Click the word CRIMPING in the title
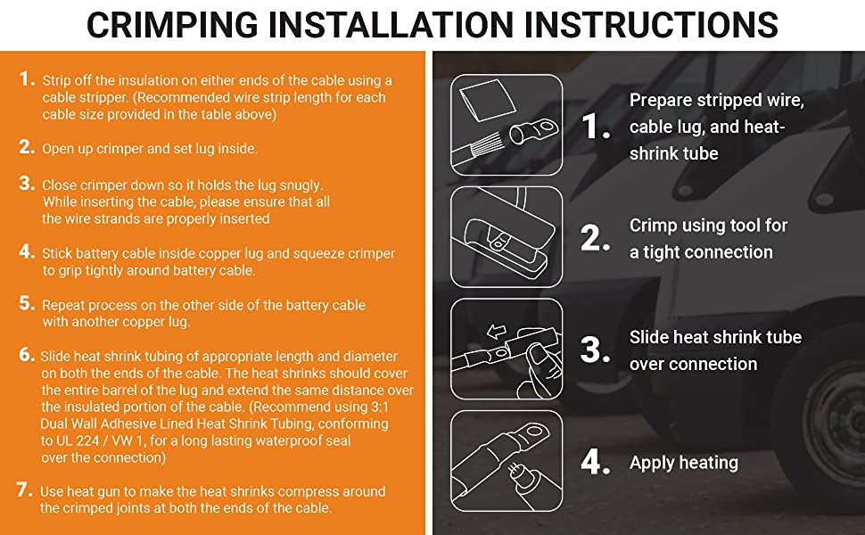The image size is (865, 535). pos(172,25)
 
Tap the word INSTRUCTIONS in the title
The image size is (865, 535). pos(651,25)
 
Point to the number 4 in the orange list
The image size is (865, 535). pos(27,251)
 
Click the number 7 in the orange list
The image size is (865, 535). pos(24,490)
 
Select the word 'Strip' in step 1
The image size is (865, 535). pos(57,80)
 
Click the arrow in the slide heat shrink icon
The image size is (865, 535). pos(497,331)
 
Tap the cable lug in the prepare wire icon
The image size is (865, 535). pos(533,132)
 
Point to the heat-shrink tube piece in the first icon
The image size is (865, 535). pos(488,101)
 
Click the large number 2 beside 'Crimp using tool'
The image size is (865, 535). pos(595,238)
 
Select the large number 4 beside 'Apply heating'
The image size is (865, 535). pos(595,462)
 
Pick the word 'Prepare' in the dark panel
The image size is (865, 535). pos(661,101)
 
